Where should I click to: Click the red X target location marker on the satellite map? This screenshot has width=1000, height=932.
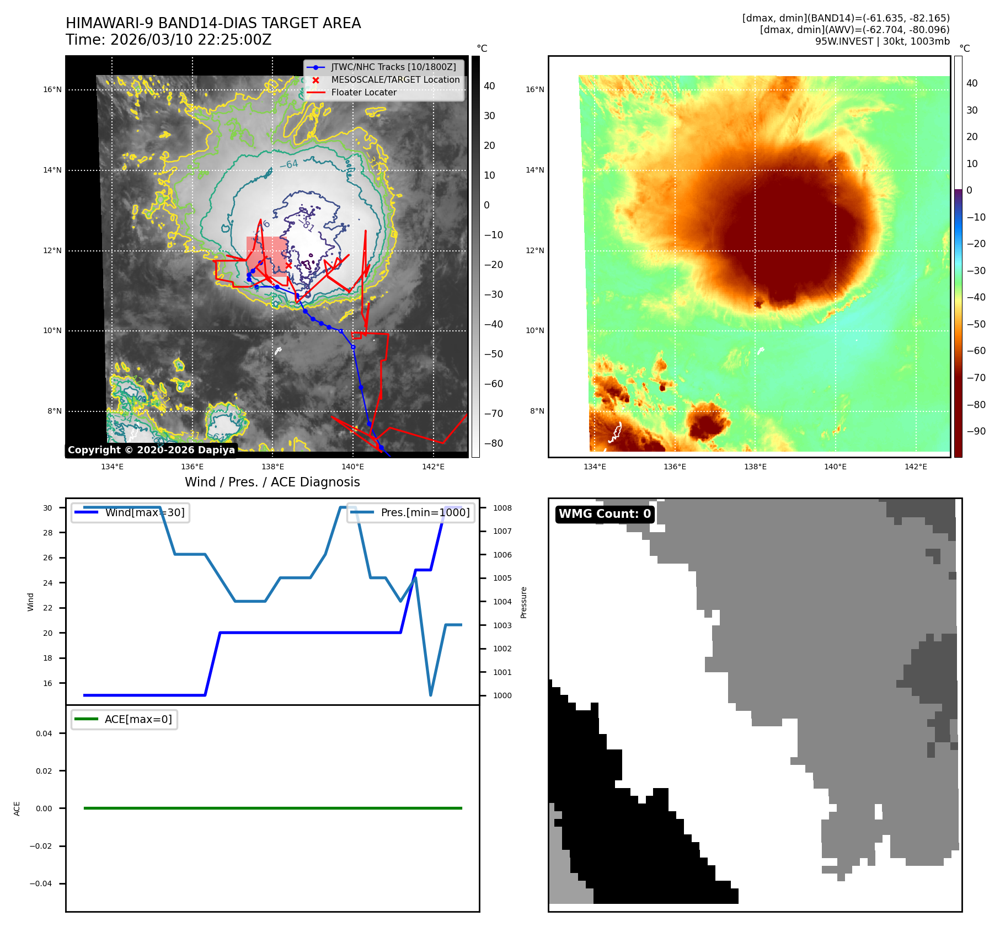288,265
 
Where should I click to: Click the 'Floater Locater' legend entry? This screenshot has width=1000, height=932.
363,93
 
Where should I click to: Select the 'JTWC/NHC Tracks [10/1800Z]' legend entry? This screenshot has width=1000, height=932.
393,67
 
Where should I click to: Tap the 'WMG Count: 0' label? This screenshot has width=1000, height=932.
605,514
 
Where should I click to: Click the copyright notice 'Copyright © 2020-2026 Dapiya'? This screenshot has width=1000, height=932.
151,450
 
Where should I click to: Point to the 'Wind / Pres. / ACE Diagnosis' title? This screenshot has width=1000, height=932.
272,482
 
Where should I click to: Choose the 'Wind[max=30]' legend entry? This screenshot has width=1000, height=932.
145,512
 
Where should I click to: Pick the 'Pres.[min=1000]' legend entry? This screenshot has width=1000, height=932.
425,512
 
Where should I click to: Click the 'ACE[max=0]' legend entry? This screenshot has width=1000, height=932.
138,719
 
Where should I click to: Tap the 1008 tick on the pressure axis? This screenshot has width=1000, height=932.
502,508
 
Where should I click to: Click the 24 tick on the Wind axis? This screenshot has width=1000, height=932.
48,583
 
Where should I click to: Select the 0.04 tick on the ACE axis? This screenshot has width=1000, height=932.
44,733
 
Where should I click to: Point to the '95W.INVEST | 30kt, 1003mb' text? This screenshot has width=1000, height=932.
882,41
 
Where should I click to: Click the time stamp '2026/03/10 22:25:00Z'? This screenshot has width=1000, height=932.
191,40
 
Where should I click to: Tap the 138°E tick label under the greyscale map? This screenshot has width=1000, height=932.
272,467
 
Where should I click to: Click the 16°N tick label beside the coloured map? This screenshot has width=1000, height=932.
534,90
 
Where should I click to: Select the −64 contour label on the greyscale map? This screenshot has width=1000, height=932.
289,164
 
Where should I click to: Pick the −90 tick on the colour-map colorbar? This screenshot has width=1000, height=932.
976,431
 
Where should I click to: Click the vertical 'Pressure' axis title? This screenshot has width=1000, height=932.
524,602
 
